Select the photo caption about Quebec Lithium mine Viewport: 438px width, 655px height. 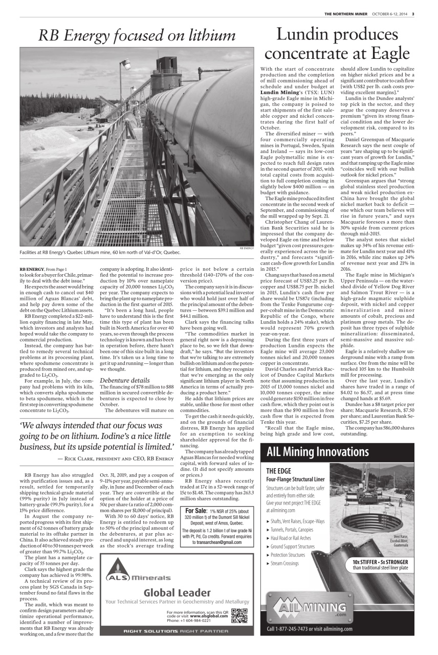100,252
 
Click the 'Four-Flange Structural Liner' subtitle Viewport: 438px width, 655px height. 295,479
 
